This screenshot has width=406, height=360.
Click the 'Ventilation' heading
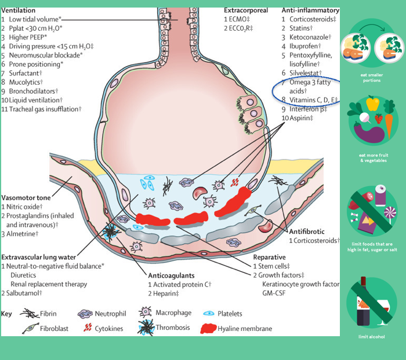[x=19, y=10]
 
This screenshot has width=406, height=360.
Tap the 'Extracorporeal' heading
[x=246, y=10]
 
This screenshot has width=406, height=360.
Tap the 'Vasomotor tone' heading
[x=27, y=197]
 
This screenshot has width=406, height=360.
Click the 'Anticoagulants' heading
[x=171, y=276]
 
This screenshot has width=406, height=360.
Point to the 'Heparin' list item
[x=168, y=294]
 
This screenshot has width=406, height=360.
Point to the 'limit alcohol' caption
[x=371, y=337]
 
